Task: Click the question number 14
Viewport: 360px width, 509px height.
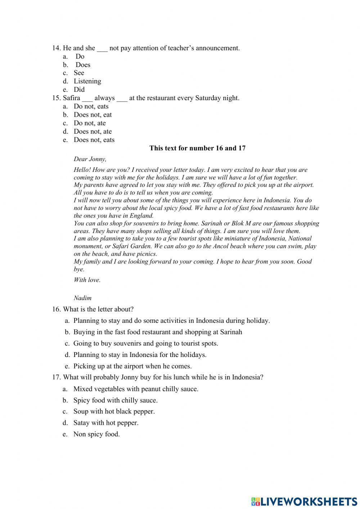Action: [56, 48]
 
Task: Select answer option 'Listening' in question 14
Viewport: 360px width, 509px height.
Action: [87, 81]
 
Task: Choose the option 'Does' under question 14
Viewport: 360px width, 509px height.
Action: [83, 65]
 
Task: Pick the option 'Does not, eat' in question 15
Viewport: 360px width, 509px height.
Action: [93, 115]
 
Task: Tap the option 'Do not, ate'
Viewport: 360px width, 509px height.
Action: [90, 123]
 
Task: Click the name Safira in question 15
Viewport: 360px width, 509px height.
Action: [71, 98]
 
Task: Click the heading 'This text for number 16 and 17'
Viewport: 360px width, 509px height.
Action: [197, 148]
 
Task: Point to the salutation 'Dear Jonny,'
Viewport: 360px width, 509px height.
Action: [90, 159]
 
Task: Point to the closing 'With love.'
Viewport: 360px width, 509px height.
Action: [87, 280]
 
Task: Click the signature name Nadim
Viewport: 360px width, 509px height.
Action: [82, 298]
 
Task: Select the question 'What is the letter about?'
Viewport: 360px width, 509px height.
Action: [98, 309]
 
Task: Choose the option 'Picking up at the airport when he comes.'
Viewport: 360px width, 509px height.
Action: [132, 366]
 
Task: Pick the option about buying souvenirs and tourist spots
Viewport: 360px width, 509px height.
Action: [145, 343]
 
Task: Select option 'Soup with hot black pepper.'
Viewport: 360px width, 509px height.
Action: [114, 411]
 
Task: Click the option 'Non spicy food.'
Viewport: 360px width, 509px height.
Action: [96, 434]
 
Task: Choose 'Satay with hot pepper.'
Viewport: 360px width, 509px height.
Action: [105, 423]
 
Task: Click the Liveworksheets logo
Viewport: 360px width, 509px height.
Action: [304, 501]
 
